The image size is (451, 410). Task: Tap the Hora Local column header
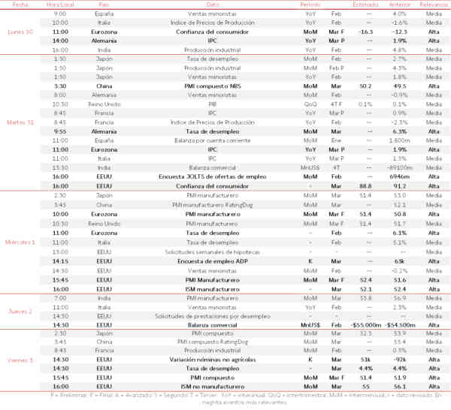(x=61, y=5)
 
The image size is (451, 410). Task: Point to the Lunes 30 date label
(x=20, y=32)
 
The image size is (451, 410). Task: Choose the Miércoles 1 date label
(x=20, y=242)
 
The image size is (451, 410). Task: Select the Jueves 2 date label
(x=20, y=309)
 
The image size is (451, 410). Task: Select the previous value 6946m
(x=400, y=177)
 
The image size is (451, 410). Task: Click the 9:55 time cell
(x=61, y=131)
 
